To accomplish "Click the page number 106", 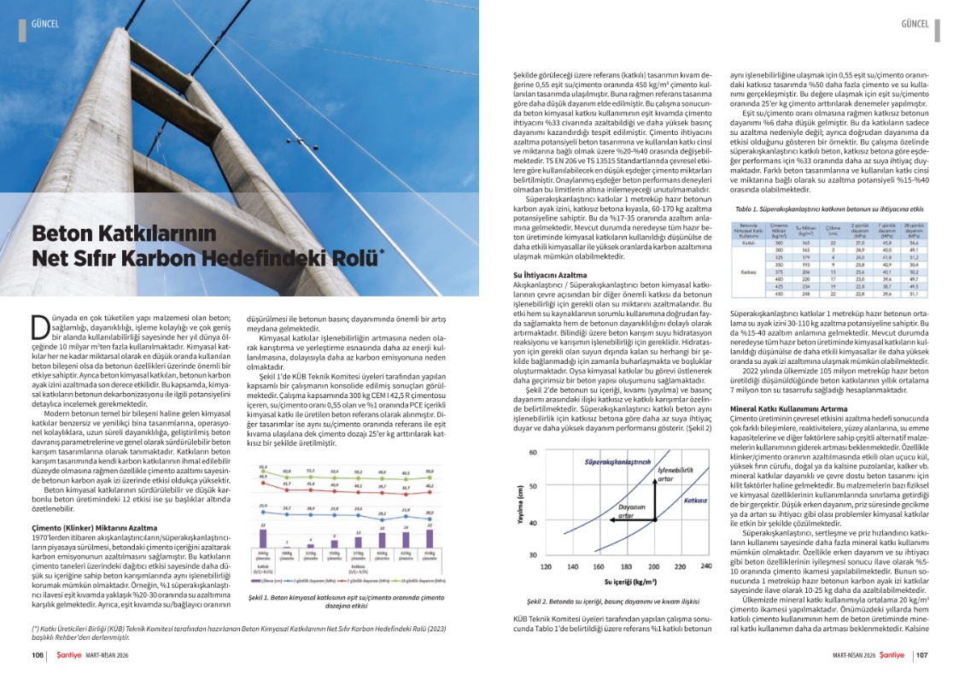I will pos(38,655).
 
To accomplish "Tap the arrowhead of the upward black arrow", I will pos(655,486).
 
